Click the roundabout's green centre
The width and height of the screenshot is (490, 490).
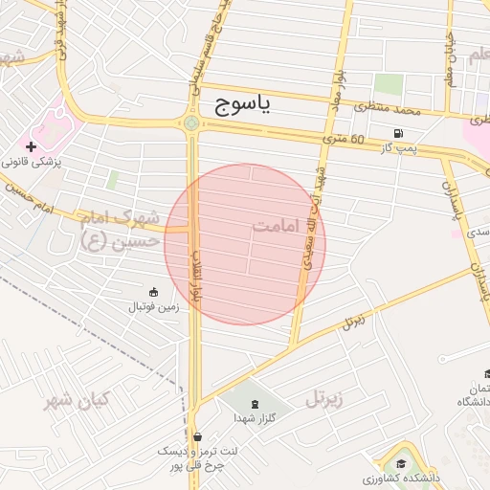click(x=191, y=122)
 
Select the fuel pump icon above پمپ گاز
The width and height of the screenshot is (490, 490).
click(x=397, y=133)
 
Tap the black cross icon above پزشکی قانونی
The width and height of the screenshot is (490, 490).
click(x=32, y=146)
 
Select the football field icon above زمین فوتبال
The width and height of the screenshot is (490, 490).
click(x=153, y=291)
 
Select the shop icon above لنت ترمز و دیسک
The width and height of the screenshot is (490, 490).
click(x=197, y=435)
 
